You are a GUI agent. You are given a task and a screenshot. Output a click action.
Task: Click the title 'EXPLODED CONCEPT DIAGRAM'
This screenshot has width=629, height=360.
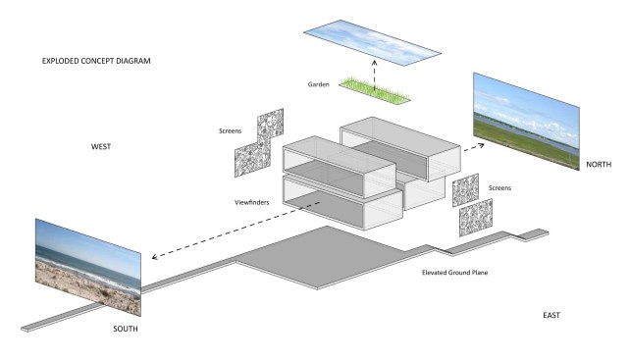pos(96,61)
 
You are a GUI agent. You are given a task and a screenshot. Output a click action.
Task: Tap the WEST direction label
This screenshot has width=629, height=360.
pos(101,147)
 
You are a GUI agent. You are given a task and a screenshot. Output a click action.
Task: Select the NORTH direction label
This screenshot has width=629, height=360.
pos(599,165)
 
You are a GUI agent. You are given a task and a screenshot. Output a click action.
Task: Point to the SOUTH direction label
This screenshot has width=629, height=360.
pos(126,329)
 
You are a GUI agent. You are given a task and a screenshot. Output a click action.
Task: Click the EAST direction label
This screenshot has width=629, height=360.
pos(551,316)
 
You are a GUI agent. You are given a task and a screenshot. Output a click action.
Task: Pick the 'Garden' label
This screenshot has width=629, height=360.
pos(319,84)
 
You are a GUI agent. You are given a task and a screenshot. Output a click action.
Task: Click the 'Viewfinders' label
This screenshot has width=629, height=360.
pos(252,202)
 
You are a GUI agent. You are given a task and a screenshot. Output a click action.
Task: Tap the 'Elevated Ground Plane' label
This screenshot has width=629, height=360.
pos(455,273)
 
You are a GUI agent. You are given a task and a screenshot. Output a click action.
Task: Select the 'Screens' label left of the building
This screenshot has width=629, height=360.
pos(231,131)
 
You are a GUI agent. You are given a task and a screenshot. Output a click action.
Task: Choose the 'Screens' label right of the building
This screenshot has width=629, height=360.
pos(499,188)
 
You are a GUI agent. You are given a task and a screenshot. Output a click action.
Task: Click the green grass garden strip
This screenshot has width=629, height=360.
pos(375,90)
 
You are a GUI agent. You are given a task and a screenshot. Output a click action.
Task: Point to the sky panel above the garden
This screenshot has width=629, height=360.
pos(372,42)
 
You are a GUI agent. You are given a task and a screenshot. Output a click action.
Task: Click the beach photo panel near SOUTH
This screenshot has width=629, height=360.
pos(88,268)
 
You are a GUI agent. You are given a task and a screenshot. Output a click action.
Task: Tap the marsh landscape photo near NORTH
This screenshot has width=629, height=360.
pos(526,122)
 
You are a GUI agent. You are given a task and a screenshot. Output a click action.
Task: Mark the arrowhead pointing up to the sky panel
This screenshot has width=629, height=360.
pos(374,63)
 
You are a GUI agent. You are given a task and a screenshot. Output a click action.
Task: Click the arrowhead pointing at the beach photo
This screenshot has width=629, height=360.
pos(154,257)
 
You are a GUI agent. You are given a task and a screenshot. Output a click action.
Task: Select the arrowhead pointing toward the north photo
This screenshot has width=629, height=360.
pos(481,145)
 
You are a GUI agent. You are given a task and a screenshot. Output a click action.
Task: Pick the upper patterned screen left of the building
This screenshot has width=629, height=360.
pos(271,129)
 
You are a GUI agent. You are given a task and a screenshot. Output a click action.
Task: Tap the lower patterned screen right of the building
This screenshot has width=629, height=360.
pos(476,218)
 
